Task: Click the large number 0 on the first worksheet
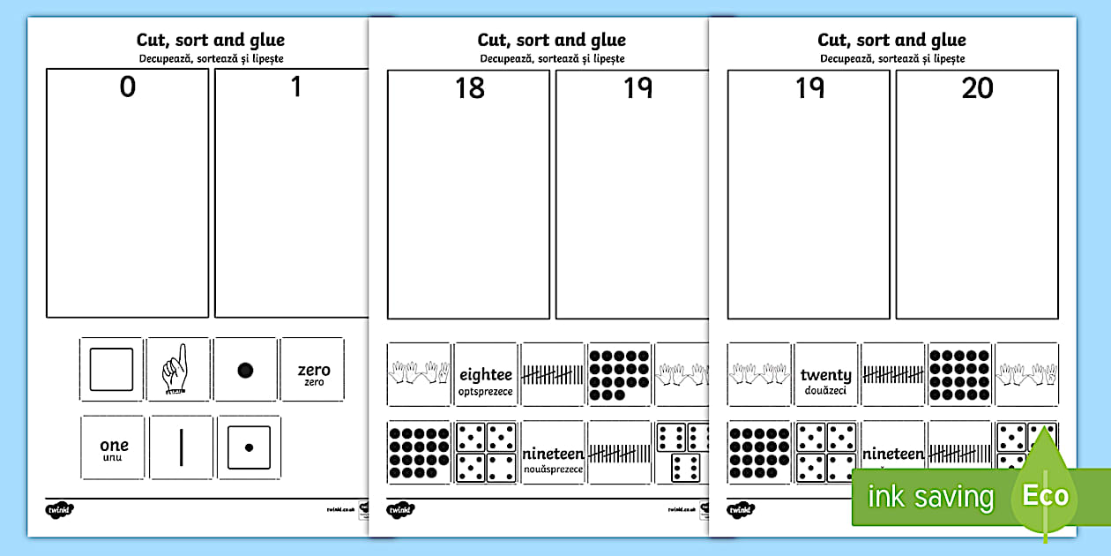coord(128,87)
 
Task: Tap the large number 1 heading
coord(296,87)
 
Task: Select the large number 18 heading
coord(469,88)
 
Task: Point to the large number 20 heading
coord(977,88)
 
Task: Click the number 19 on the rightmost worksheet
coord(809,88)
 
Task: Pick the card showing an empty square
coord(111,369)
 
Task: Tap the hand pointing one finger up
coord(177,368)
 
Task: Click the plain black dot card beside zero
coord(246,369)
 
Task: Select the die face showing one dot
coord(249,447)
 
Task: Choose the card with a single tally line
coord(181,447)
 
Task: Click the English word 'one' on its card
coord(114,445)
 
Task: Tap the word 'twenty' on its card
coord(826,375)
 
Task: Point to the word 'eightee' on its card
coord(485,375)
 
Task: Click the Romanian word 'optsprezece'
coord(485,391)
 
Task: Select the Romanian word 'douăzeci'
coord(826,390)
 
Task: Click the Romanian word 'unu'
coord(114,458)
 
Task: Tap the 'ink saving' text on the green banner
coord(930,497)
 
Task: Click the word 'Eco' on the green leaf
coord(1045,495)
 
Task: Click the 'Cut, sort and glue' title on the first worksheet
coord(211,40)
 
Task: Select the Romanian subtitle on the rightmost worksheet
coord(892,58)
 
